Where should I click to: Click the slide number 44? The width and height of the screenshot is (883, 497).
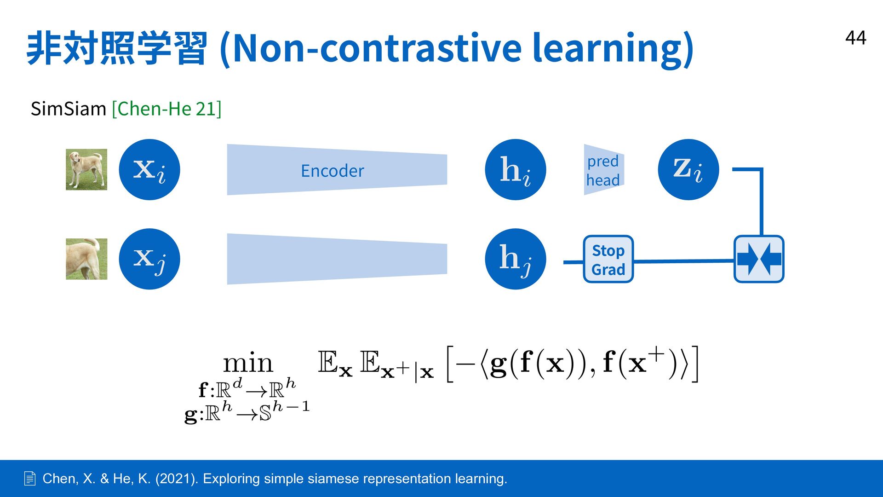click(855, 38)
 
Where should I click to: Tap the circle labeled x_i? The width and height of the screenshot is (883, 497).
click(149, 169)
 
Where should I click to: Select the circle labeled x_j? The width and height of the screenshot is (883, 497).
click(149, 259)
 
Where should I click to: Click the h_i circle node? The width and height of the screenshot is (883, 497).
click(516, 169)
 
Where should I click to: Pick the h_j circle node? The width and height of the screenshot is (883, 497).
click(516, 259)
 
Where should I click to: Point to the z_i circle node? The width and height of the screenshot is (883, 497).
click(688, 169)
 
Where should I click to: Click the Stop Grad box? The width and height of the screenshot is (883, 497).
click(608, 259)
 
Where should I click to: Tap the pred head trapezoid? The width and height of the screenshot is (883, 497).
click(604, 170)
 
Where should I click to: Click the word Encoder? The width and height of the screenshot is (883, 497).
click(333, 171)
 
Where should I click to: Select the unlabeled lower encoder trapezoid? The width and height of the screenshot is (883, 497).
click(337, 259)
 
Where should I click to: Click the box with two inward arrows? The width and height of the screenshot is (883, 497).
click(759, 259)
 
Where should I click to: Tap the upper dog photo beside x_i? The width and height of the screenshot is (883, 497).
click(86, 169)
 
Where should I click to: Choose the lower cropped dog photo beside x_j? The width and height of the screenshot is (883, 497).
click(86, 259)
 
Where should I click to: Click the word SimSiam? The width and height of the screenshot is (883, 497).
click(69, 109)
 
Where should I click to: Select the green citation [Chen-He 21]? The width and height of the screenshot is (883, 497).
click(166, 109)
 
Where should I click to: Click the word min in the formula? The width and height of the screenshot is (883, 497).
click(248, 363)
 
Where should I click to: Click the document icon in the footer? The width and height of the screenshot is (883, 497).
click(29, 479)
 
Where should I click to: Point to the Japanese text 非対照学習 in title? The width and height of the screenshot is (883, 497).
click(117, 48)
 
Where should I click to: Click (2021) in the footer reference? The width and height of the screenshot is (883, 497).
click(177, 479)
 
